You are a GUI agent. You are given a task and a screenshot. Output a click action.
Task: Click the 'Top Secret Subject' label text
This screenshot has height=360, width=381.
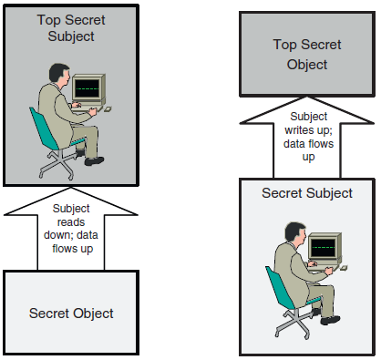pos(70,27)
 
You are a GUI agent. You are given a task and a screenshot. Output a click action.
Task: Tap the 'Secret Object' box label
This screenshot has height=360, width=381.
pos(71,313)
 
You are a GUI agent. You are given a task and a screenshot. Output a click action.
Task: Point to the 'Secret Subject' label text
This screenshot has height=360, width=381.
pos(306,193)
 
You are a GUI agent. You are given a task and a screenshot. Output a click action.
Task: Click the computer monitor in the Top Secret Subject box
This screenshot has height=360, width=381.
pos(88,88)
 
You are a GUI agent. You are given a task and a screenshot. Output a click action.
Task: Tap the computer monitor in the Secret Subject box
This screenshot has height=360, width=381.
pos(324,246)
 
